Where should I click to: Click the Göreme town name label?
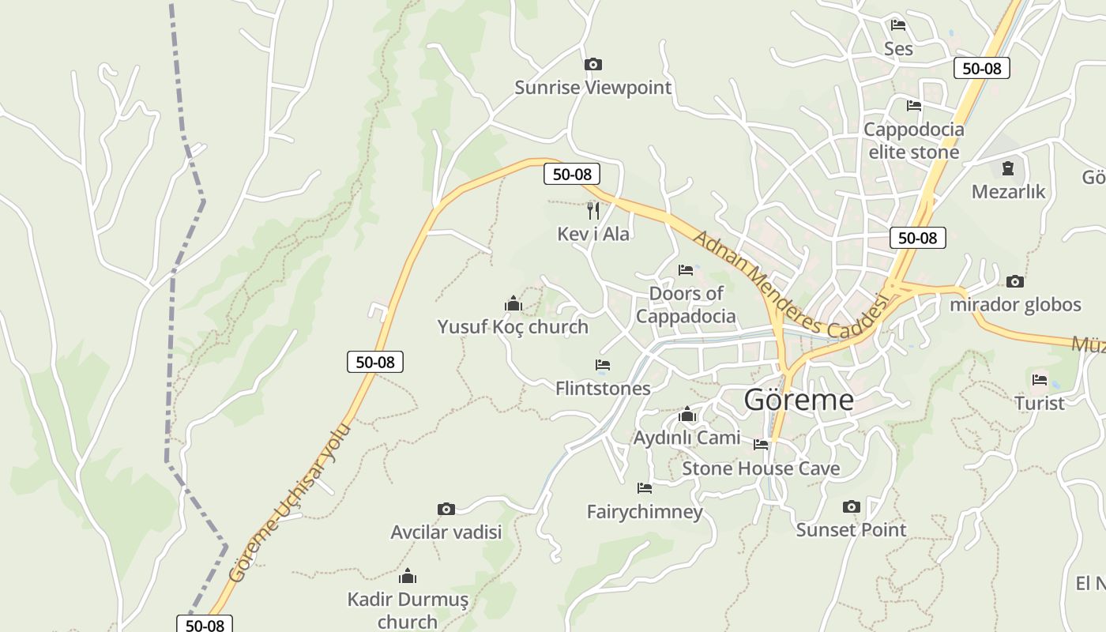pos(799,400)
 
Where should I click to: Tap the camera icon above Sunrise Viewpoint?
pos(592,64)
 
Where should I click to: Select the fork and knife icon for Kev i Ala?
pos(593,210)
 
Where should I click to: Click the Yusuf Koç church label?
pos(513,326)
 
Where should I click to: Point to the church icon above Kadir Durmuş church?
pos(408,576)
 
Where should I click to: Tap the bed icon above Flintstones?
pos(603,365)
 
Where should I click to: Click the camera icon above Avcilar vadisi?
pos(446,509)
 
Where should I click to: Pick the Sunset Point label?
pos(851,529)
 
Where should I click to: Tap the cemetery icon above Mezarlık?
pos(1007,168)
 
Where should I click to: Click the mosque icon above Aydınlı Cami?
pos(687,415)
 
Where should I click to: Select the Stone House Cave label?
pos(761,468)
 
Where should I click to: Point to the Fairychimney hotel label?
pos(645,512)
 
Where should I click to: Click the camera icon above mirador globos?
pos(1015,281)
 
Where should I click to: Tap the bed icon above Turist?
pos(1040,380)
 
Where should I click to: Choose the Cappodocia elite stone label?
pos(914,141)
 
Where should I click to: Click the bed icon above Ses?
pos(897,25)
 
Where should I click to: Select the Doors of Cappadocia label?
pos(686,305)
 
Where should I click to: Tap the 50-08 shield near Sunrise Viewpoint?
pos(572,175)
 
